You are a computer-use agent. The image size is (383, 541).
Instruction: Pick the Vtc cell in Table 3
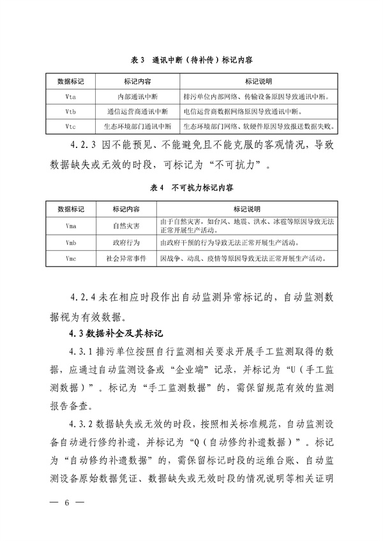71,126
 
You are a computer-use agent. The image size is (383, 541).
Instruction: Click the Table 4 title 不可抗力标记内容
191,189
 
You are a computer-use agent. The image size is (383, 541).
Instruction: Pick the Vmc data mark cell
71,259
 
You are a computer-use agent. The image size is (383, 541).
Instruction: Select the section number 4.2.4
84,297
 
